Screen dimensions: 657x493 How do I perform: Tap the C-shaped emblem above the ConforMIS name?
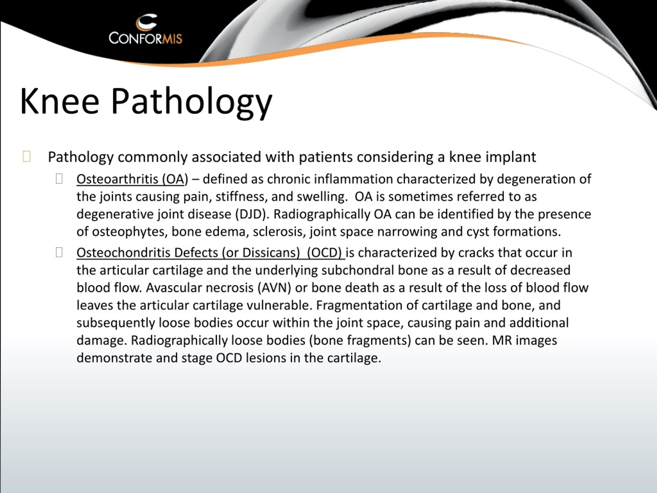click(x=146, y=22)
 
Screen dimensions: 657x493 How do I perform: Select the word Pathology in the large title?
click(x=191, y=102)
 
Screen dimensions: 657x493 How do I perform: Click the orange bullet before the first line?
click(x=26, y=156)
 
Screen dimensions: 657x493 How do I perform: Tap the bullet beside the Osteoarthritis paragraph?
click(x=59, y=179)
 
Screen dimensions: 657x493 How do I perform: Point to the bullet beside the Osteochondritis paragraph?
click(x=59, y=252)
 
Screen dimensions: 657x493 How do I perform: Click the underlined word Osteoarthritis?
click(x=117, y=179)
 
